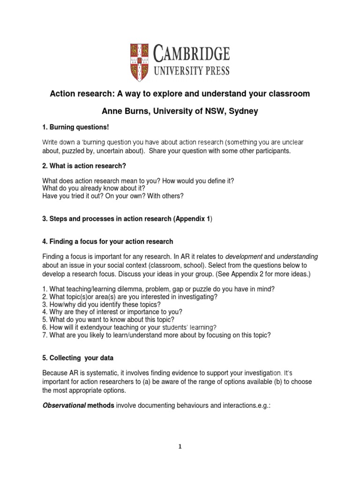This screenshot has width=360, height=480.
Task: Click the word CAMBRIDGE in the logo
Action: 192,54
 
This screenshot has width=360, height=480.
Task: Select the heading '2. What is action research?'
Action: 84,166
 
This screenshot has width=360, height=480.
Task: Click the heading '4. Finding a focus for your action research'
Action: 108,241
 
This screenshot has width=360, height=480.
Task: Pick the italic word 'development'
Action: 244,257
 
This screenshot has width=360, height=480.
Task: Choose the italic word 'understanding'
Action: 297,257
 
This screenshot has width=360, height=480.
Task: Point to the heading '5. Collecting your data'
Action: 78,358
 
